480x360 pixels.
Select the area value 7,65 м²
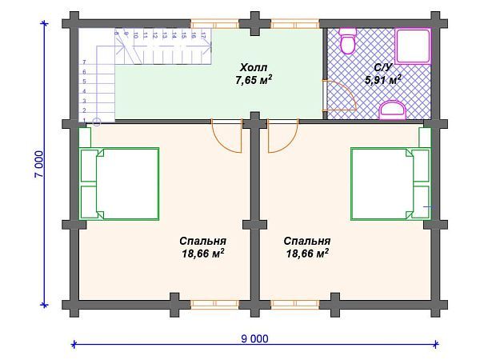click(x=254, y=81)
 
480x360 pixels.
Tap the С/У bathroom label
click(x=383, y=68)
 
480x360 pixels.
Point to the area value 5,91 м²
click(x=382, y=80)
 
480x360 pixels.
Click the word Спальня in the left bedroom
click(x=202, y=241)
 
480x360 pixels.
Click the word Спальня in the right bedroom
click(x=307, y=241)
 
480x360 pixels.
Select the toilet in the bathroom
click(x=347, y=41)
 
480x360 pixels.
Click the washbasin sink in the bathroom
click(x=391, y=110)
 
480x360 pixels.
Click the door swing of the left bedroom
click(x=228, y=137)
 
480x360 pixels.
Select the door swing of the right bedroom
click(x=281, y=137)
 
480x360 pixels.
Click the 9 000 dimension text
click(x=254, y=338)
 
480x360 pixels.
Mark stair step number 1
click(x=84, y=121)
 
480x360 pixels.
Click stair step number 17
click(x=203, y=35)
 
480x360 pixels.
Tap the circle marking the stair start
click(x=97, y=122)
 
